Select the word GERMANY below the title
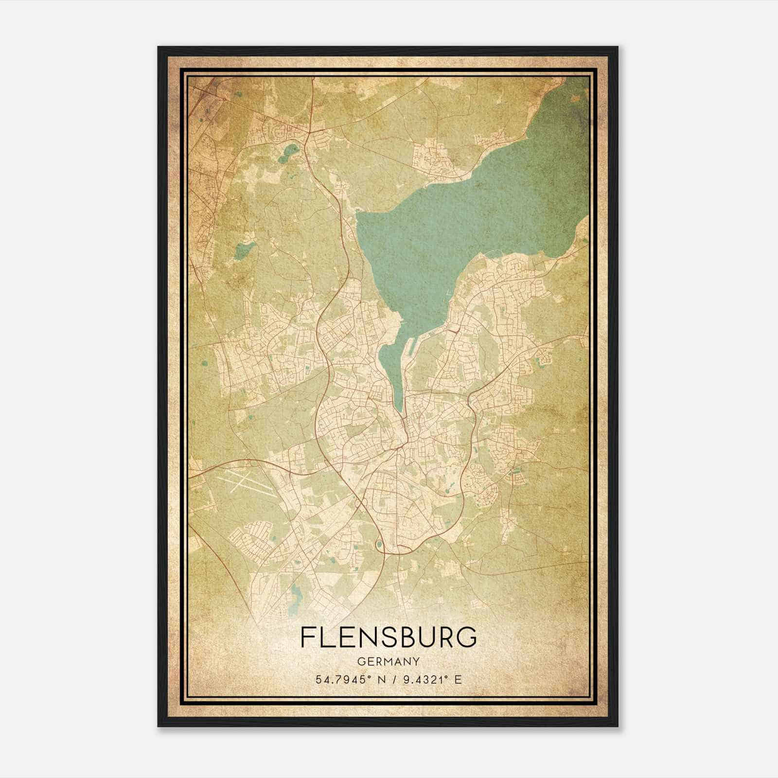point(389,662)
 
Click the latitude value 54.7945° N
point(347,679)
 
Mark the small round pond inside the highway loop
point(378,544)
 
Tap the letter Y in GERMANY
point(416,662)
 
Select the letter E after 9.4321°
point(458,679)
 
